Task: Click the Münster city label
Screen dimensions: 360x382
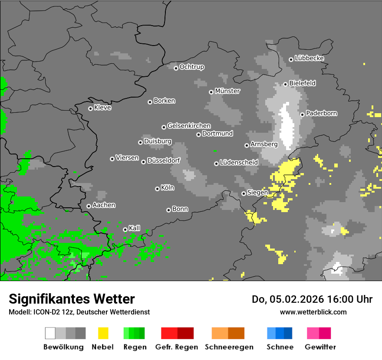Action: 227,91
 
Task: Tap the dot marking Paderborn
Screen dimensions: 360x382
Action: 302,115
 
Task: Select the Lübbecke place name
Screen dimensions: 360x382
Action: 309,58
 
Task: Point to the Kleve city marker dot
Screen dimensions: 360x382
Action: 90,108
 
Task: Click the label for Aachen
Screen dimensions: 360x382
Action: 104,205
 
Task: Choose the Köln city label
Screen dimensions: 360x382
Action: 167,188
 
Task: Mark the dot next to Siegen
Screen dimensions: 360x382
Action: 244,193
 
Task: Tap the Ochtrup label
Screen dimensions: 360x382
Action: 191,67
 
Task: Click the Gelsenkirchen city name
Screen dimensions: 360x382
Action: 189,126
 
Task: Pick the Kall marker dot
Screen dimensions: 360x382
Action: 125,229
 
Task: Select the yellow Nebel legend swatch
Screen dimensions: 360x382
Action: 103,333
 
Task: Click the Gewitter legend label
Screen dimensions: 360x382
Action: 320,347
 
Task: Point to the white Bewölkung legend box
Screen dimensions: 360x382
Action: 50,333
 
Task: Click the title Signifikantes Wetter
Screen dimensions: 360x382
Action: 72,299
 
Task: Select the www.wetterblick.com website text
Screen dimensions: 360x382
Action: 313,312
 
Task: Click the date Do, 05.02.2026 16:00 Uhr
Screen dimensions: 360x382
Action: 312,299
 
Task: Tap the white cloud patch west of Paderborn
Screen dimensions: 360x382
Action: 286,126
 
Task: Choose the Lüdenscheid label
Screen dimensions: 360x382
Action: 239,163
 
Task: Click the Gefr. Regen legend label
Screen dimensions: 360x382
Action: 177,347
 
